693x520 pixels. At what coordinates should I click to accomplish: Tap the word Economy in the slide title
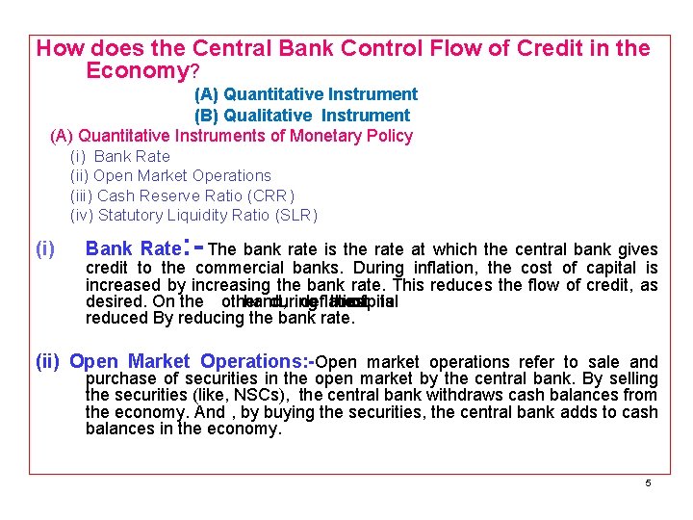137,70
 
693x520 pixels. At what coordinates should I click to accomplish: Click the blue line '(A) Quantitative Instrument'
306,94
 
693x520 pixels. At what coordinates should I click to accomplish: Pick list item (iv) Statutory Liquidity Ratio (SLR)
193,216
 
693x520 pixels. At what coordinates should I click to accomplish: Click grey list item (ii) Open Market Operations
170,175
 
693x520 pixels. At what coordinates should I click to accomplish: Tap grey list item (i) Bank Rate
120,156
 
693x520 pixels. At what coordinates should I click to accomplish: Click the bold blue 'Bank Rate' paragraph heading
132,248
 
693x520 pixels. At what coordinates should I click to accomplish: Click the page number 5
648,482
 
